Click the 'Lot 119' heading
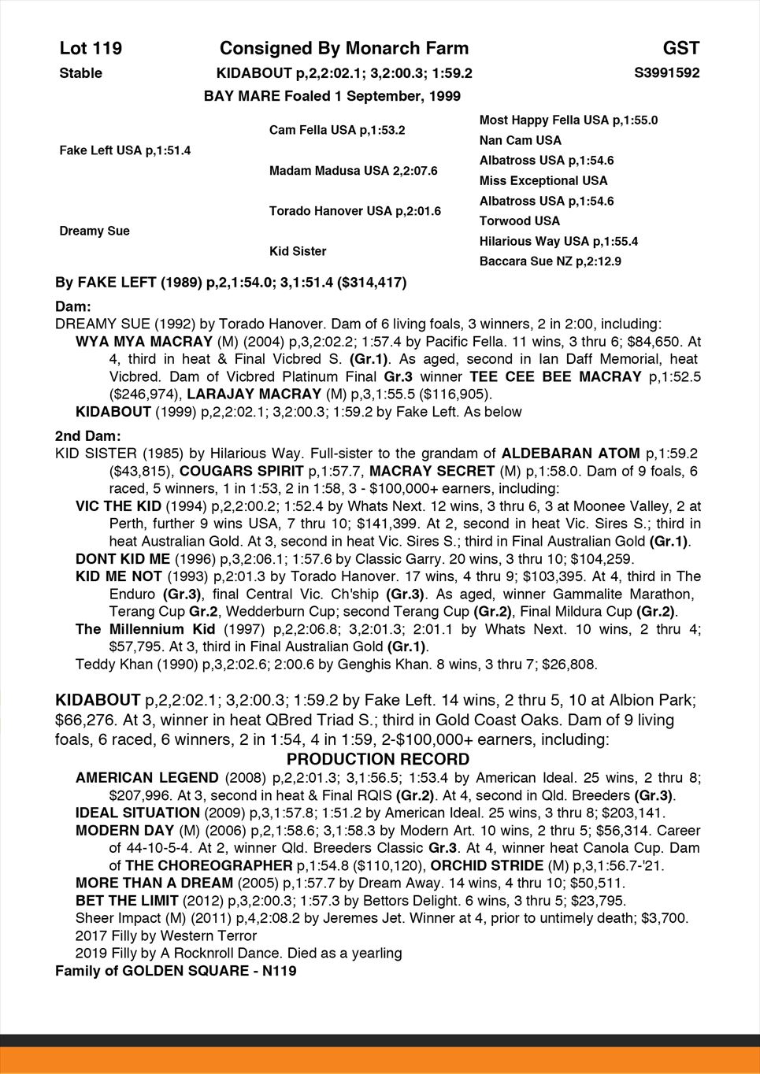(91, 49)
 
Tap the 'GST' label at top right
(680, 49)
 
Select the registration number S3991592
(666, 73)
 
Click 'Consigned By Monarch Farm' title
(344, 49)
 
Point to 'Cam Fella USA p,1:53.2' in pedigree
(337, 130)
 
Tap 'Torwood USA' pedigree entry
(520, 221)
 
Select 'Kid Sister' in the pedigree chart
(298, 251)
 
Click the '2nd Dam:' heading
(87, 436)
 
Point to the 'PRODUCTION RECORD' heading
(378, 760)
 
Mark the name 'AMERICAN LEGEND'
(147, 778)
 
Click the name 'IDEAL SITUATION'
(138, 813)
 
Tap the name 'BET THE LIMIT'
(127, 900)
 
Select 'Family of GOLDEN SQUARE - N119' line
(176, 971)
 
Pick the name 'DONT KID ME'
(123, 559)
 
